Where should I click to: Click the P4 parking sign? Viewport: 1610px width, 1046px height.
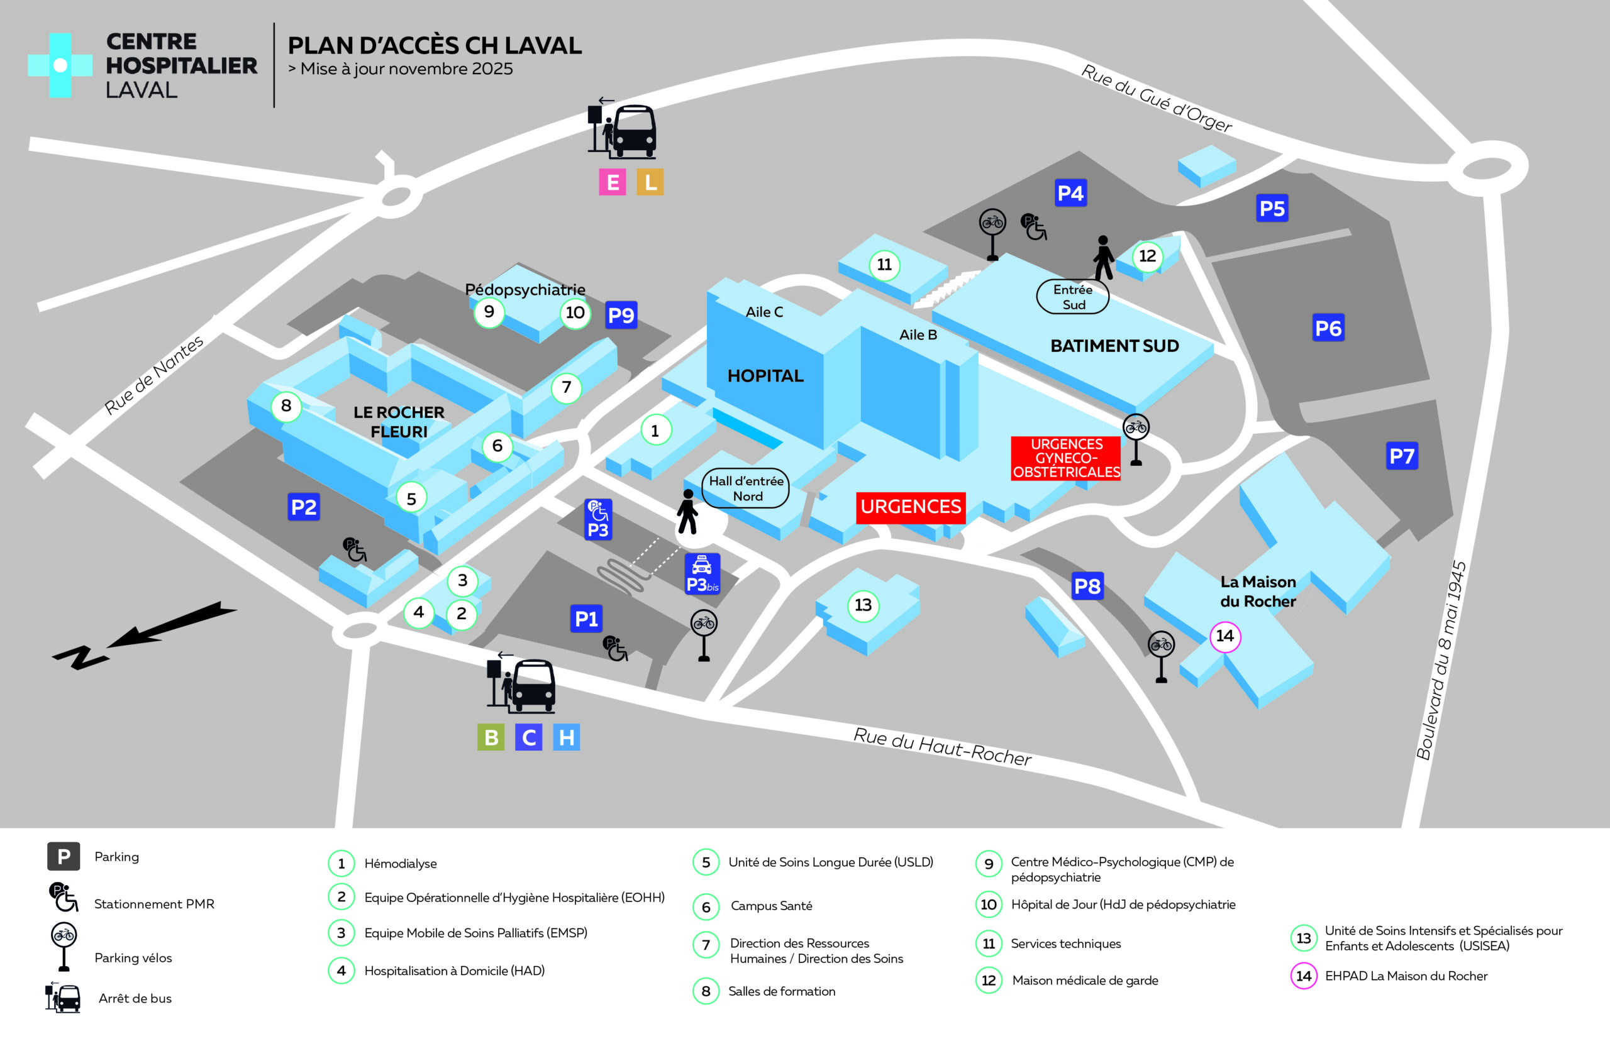pyautogui.click(x=1070, y=194)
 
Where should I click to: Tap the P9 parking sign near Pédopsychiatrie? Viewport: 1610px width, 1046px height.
pyautogui.click(x=620, y=315)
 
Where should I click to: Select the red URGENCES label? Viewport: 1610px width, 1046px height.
pyautogui.click(x=911, y=507)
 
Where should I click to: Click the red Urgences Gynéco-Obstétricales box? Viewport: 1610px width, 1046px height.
pyautogui.click(x=1065, y=458)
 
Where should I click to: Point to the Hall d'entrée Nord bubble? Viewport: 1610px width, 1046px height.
pyautogui.click(x=745, y=488)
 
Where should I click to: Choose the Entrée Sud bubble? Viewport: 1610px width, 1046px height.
pyautogui.click(x=1073, y=297)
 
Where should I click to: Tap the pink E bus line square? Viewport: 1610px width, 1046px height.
pyautogui.click(x=612, y=182)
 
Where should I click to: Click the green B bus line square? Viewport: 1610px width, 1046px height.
pyautogui.click(x=491, y=737)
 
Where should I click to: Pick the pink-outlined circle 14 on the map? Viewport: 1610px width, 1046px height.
pyautogui.click(x=1225, y=636)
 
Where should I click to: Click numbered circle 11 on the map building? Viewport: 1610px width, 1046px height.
pyautogui.click(x=884, y=265)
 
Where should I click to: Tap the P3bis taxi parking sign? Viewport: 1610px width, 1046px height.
pyautogui.click(x=702, y=574)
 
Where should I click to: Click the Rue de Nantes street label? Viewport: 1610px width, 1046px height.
pyautogui.click(x=153, y=375)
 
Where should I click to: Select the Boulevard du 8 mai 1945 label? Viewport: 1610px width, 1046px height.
pyautogui.click(x=1441, y=661)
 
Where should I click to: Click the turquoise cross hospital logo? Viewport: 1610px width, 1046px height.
pyautogui.click(x=60, y=65)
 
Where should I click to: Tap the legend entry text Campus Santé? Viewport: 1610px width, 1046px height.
pyautogui.click(x=771, y=906)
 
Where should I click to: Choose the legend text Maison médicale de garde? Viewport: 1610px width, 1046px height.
pyautogui.click(x=1085, y=981)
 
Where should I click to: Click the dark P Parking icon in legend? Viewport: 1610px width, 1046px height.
pyautogui.click(x=64, y=857)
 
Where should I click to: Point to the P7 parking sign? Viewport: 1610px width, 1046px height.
pyautogui.click(x=1402, y=456)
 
